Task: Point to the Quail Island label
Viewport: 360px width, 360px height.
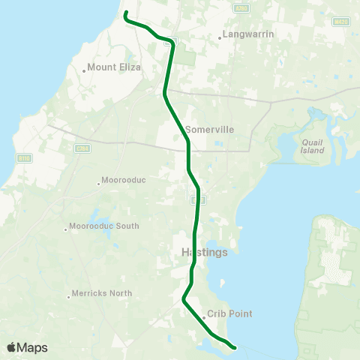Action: [312, 145]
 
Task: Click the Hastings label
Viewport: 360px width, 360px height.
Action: [204, 252]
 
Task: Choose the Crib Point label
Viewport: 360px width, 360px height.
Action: [230, 314]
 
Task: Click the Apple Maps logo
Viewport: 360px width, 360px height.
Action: [27, 347]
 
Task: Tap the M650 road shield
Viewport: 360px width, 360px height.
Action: [340, 22]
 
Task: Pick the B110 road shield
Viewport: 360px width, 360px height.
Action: [23, 158]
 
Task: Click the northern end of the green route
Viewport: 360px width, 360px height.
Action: [124, 13]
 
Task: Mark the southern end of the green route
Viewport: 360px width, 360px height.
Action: [235, 347]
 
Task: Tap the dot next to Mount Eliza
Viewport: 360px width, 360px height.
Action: [83, 70]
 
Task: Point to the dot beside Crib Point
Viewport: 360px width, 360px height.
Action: [203, 316]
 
